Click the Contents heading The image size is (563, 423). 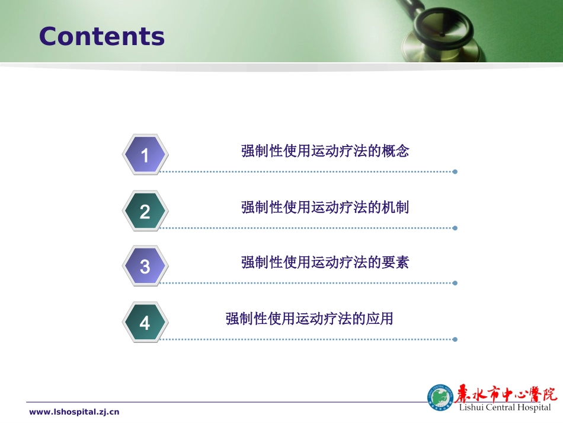coord(101,36)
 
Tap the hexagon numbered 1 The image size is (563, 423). coord(145,155)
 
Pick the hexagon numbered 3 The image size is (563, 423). coord(145,266)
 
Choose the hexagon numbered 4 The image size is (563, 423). coord(145,323)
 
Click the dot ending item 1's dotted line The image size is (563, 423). coord(455,172)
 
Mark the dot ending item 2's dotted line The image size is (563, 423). coord(455,228)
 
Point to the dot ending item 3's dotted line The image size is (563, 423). coord(455,283)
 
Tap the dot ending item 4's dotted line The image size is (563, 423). coord(455,339)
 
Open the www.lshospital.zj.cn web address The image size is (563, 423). coord(74,412)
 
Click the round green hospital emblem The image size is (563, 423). coord(440,397)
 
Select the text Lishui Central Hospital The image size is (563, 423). coord(505,408)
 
